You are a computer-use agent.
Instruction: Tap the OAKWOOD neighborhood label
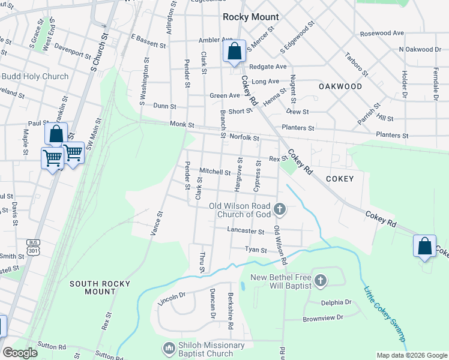(x=340, y=86)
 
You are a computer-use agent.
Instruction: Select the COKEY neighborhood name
(x=340, y=179)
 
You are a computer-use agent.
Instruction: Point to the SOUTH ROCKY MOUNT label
(x=92, y=287)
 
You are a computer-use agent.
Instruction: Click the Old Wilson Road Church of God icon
(x=279, y=209)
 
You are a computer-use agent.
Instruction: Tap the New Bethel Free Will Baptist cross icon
(x=321, y=281)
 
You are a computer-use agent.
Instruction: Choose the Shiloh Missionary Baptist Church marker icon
(x=169, y=348)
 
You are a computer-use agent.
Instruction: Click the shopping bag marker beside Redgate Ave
(x=234, y=52)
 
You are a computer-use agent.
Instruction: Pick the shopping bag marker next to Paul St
(x=56, y=134)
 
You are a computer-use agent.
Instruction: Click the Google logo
(x=20, y=352)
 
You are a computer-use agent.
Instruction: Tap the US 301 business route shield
(x=33, y=246)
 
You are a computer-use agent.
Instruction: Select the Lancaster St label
(x=246, y=230)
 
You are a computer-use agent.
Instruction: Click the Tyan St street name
(x=255, y=250)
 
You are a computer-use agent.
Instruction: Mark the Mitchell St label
(x=215, y=172)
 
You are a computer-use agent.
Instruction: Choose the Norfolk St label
(x=244, y=137)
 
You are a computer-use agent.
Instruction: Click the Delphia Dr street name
(x=336, y=302)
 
